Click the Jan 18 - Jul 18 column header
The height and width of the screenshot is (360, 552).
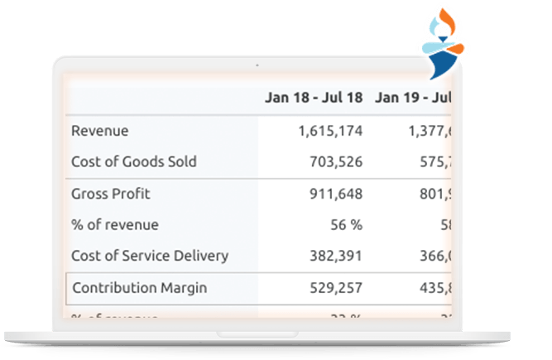coord(314,98)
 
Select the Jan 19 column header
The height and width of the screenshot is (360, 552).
coord(412,98)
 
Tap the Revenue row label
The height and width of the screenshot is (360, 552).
coord(100,131)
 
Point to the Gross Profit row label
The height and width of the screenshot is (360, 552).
coord(111,194)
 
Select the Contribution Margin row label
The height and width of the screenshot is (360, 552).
coord(140,288)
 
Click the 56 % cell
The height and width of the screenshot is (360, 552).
coord(345,224)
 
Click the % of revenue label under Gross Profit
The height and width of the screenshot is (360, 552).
coord(115,224)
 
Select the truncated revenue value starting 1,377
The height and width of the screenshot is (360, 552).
coord(429,131)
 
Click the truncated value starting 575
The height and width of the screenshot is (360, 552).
coord(434,161)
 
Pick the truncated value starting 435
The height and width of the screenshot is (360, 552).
coord(434,288)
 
